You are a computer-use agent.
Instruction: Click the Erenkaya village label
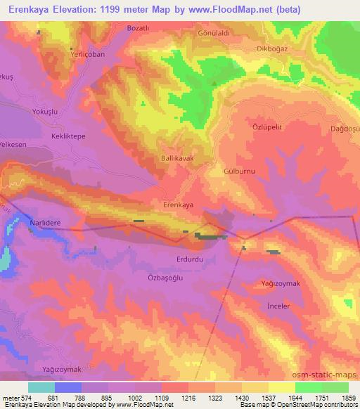179,204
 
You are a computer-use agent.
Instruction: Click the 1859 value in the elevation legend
347,398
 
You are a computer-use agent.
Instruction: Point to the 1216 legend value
189,398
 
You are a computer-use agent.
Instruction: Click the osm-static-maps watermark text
328,375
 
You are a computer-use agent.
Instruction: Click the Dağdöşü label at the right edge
345,129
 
